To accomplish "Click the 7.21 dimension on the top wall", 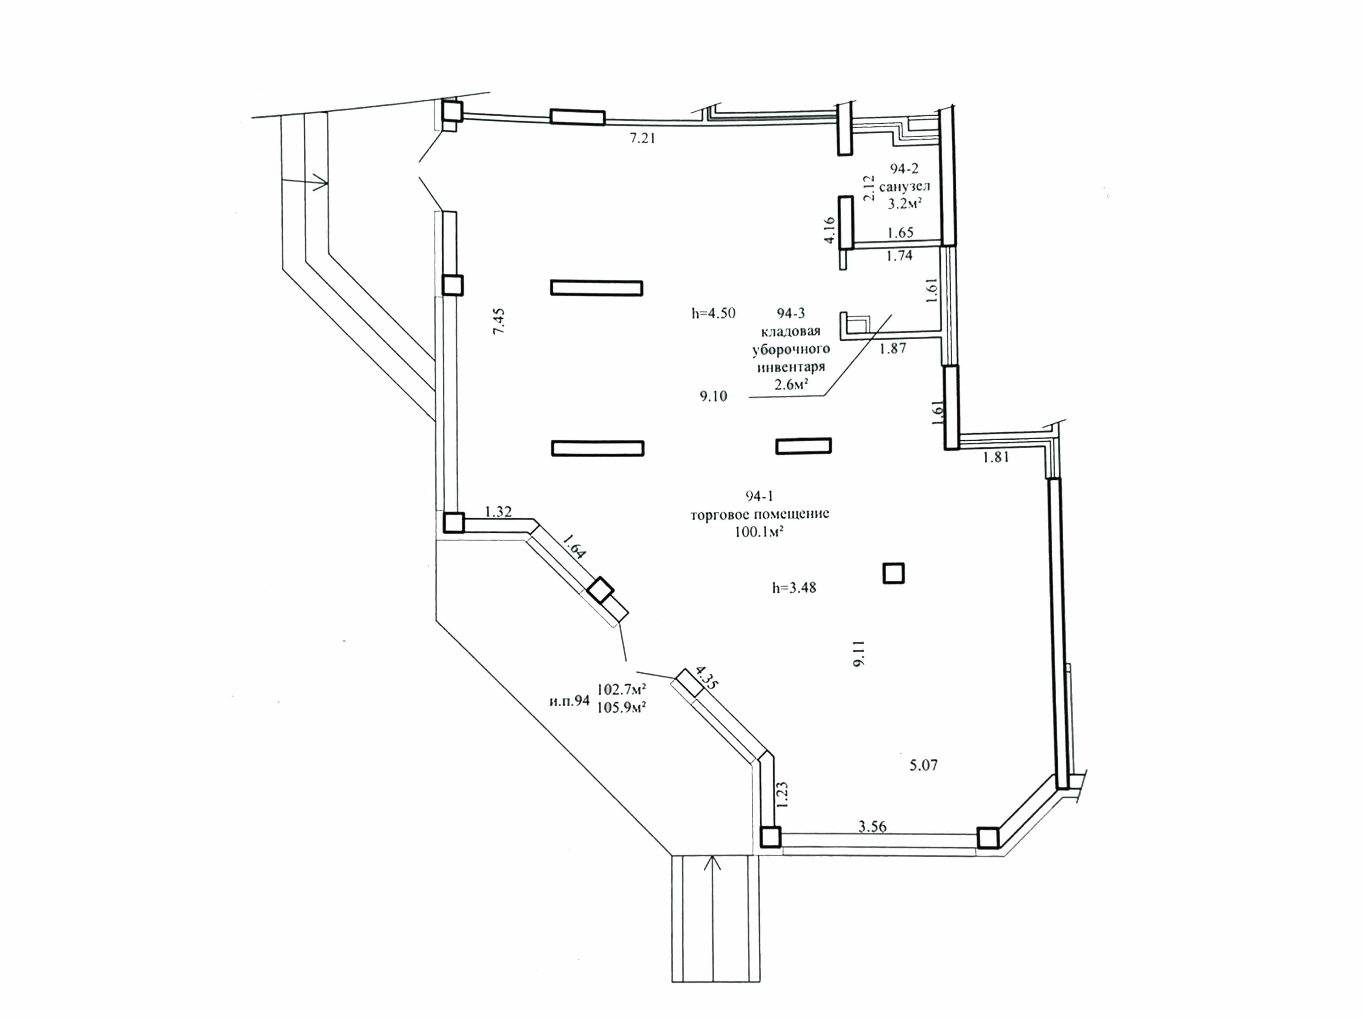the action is click(642, 139).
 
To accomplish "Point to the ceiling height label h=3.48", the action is click(794, 588).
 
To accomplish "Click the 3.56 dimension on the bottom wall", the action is click(873, 826).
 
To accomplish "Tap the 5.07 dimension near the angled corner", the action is click(924, 766).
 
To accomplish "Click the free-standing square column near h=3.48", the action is click(893, 574).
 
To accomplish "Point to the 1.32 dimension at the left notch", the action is click(499, 512).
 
